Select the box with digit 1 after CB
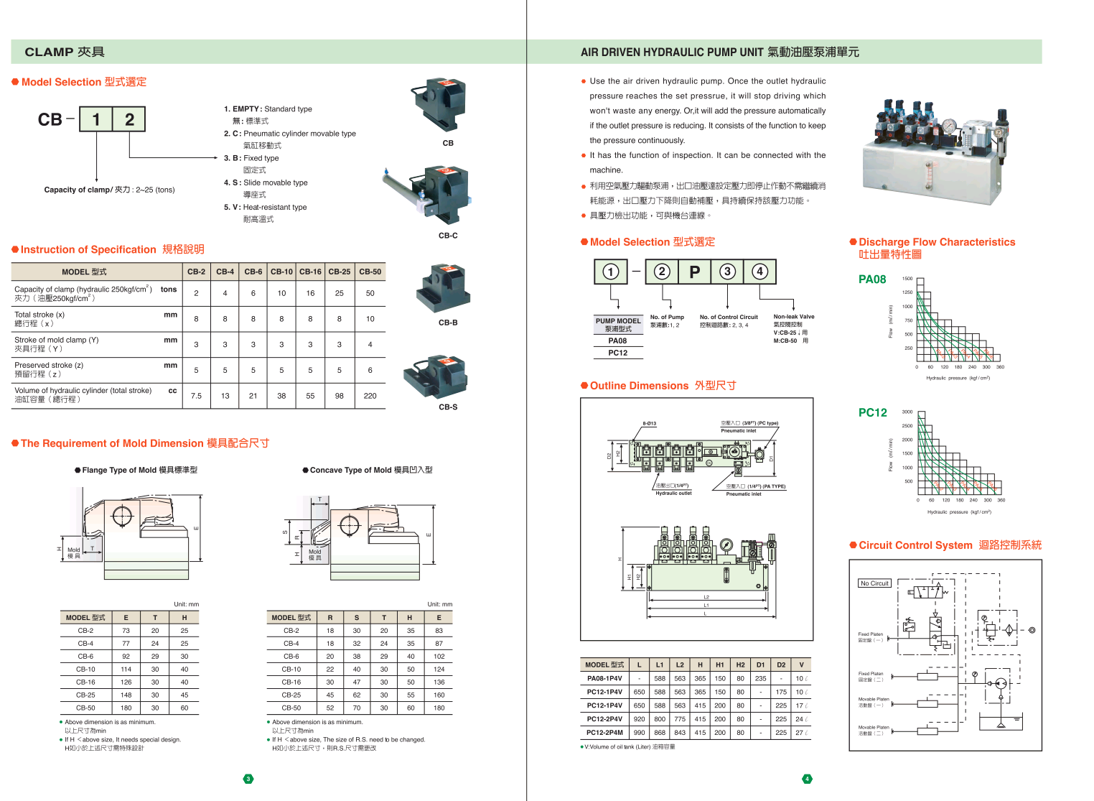tap(95, 119)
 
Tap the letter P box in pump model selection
tap(694, 272)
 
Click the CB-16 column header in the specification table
tap(310, 272)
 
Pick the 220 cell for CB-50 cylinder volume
tap(370, 396)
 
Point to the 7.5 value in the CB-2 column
tap(196, 396)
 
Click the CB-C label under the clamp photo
tap(448, 236)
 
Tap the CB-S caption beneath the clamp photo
tap(448, 407)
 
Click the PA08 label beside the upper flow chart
tap(872, 279)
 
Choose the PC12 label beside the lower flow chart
tap(872, 412)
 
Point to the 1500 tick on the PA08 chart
tap(907, 279)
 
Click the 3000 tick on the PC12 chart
tap(907, 412)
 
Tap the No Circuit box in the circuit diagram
tap(874, 583)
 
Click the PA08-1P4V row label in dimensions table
tap(604, 678)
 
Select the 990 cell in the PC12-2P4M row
tap(639, 733)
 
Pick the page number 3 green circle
tap(248, 779)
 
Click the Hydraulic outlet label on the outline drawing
tap(673, 494)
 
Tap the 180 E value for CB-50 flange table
tap(126, 708)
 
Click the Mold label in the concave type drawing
tap(314, 552)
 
